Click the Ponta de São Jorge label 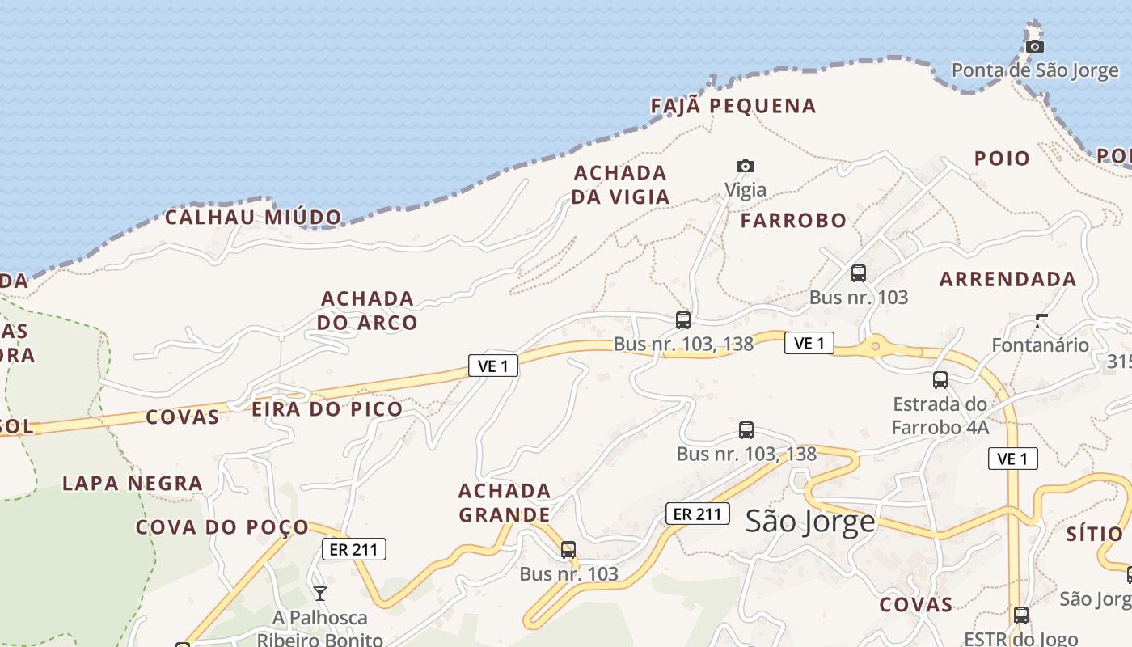point(1034,70)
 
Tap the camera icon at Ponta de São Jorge point(1034,47)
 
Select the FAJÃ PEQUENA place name point(733,106)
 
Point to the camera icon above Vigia point(745,167)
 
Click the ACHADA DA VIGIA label point(621,184)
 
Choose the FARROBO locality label point(793,220)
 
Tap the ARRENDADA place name point(1007,279)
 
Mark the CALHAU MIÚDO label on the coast point(253,217)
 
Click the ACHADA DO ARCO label point(367,311)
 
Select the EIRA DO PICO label point(327,409)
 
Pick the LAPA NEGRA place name point(133,484)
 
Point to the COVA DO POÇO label point(222,527)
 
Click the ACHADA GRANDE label point(505,502)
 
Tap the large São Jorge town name point(810,521)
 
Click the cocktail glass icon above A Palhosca point(320,594)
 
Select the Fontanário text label point(1040,345)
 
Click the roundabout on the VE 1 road point(875,347)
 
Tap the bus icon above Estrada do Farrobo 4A point(940,379)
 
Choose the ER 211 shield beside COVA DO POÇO point(354,549)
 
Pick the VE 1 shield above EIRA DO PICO point(493,366)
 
